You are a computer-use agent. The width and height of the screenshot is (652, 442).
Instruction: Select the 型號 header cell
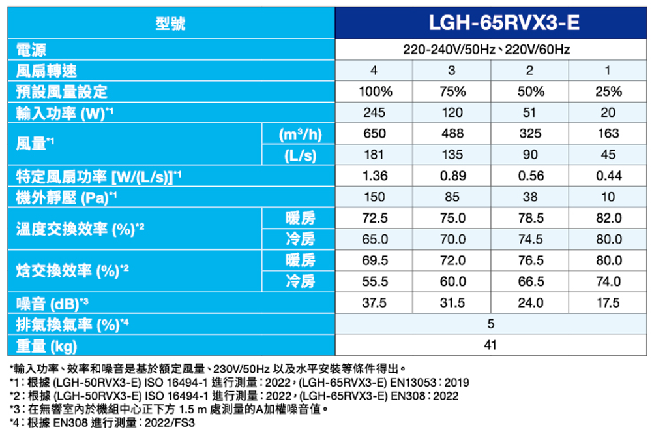tap(171, 24)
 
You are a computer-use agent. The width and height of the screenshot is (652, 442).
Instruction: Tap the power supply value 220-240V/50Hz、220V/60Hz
tap(486, 50)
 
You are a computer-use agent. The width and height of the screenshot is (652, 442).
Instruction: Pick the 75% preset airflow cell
tap(452, 91)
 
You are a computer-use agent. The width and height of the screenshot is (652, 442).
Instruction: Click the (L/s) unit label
tap(299, 155)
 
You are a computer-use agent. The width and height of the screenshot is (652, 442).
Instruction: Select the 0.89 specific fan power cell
tap(452, 176)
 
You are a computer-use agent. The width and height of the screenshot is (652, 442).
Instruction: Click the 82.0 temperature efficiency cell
tap(608, 217)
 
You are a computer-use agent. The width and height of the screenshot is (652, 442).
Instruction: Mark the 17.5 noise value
tap(608, 303)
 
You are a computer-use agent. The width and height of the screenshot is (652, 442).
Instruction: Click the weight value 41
tap(490, 345)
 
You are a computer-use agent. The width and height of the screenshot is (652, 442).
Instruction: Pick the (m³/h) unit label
tap(299, 134)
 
